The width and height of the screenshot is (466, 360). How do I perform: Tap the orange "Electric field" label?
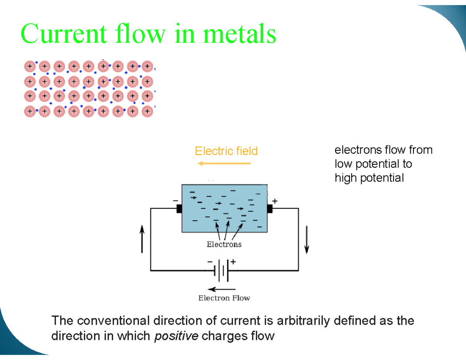click(x=226, y=151)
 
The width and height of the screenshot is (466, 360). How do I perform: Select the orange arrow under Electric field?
click(x=224, y=163)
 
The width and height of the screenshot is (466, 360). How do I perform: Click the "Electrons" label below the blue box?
click(x=224, y=244)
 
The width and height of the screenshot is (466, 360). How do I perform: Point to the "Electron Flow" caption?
click(x=224, y=298)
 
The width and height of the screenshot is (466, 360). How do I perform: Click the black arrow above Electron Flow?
click(x=221, y=289)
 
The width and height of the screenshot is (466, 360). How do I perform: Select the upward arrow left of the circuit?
click(x=142, y=240)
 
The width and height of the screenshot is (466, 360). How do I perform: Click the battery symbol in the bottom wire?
click(x=222, y=270)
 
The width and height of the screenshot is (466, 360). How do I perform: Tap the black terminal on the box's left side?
click(x=179, y=209)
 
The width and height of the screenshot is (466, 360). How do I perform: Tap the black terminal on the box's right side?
click(x=270, y=209)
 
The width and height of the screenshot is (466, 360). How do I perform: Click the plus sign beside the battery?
click(x=233, y=262)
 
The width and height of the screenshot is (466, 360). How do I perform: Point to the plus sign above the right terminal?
click(x=275, y=201)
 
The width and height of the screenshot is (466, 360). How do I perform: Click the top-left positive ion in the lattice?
click(x=30, y=66)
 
